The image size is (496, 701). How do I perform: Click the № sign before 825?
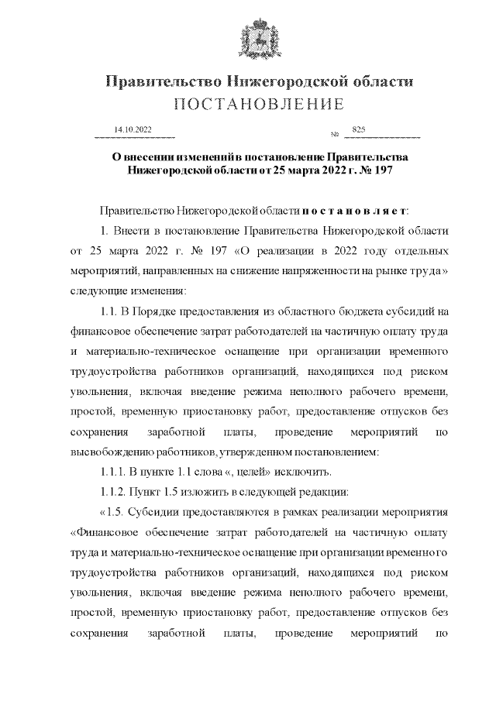click(335, 135)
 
